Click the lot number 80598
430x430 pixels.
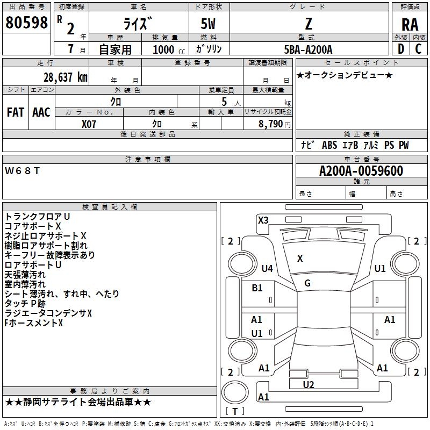27,23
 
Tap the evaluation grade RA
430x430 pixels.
410,24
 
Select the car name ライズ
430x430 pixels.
138,24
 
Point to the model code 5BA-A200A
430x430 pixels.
309,49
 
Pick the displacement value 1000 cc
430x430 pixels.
167,49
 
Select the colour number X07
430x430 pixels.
89,124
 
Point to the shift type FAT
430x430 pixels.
16,112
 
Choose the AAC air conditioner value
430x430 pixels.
41,112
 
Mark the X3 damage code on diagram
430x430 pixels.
263,220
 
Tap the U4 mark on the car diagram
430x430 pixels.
267,268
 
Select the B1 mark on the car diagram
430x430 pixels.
257,288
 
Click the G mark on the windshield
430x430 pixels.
307,283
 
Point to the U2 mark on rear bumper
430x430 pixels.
309,384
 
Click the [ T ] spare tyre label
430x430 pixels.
235,411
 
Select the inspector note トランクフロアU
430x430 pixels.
38,216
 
